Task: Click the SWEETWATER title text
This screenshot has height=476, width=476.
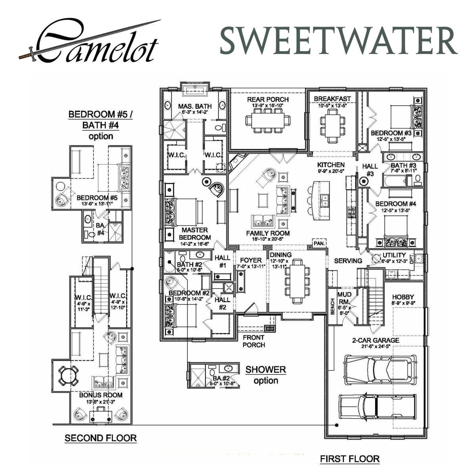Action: [338, 41]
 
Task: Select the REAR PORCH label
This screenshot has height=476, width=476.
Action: [268, 100]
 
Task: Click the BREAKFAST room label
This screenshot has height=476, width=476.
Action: [332, 99]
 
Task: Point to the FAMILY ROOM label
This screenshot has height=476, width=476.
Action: [268, 233]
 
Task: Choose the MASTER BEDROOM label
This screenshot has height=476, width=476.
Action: [194, 234]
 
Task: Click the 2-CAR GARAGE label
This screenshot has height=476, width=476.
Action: [375, 340]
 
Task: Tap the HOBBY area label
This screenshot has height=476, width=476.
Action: [403, 297]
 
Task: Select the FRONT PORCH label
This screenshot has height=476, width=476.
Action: [254, 341]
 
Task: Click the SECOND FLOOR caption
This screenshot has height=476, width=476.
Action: [100, 438]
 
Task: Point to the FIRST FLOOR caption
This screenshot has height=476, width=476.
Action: [349, 459]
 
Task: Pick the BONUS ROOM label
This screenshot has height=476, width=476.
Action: [101, 395]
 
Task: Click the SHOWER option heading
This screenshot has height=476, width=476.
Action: [265, 370]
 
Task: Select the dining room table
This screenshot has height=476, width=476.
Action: [297, 281]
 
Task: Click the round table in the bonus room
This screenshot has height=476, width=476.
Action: [68, 375]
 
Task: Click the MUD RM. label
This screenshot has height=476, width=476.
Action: [344, 298]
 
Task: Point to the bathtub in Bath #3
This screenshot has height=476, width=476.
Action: [395, 182]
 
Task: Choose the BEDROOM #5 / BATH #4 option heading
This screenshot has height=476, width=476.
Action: [100, 120]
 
